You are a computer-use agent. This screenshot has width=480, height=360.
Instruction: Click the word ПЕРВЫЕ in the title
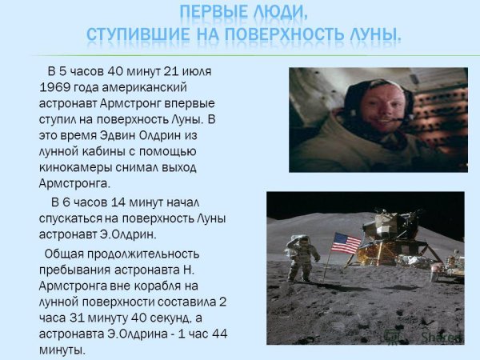[x=209, y=12]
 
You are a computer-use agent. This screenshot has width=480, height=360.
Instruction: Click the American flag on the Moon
[x=346, y=242]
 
